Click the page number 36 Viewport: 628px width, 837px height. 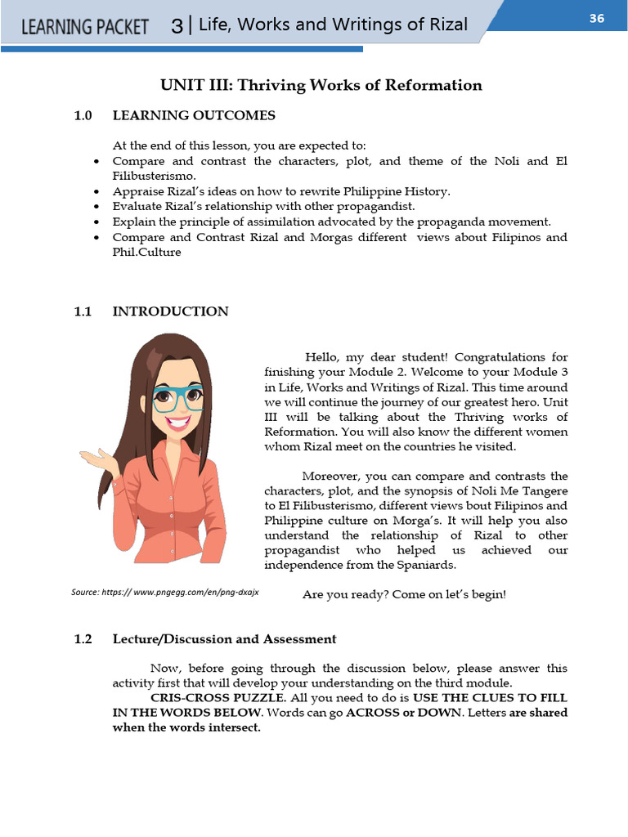coord(596,18)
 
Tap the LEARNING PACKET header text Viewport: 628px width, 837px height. coord(85,26)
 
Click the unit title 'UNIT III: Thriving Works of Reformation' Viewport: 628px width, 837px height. coord(321,85)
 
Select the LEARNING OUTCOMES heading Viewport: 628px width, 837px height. coord(194,115)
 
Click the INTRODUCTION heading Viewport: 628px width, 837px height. coord(170,311)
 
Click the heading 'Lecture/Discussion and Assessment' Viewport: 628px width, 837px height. coord(224,639)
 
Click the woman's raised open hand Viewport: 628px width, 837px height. coord(96,459)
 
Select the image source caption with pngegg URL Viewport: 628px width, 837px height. coord(165,591)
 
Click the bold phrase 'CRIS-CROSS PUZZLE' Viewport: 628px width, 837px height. coord(218,698)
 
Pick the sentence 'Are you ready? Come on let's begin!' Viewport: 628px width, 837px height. coord(404,594)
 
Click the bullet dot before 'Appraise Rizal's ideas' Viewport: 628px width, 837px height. coord(97,192)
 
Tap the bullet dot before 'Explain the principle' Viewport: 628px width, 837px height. coord(97,222)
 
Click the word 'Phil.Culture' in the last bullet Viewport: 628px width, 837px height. coord(146,253)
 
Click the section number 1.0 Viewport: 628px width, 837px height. coord(83,115)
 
